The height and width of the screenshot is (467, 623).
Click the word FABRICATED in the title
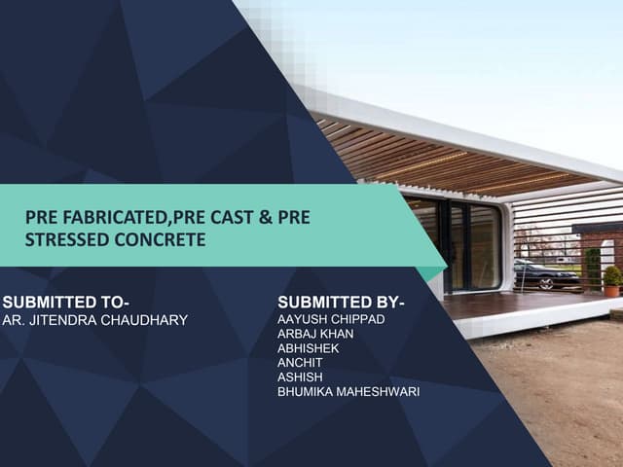click(100, 217)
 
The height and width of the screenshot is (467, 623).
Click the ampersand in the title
click(262, 217)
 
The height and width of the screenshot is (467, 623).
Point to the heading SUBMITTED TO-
click(66, 301)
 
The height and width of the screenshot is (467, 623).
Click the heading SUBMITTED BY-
click(341, 301)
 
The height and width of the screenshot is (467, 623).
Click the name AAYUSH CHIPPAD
click(331, 320)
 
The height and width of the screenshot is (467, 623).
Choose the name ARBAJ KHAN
click(316, 335)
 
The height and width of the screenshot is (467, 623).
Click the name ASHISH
click(299, 378)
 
